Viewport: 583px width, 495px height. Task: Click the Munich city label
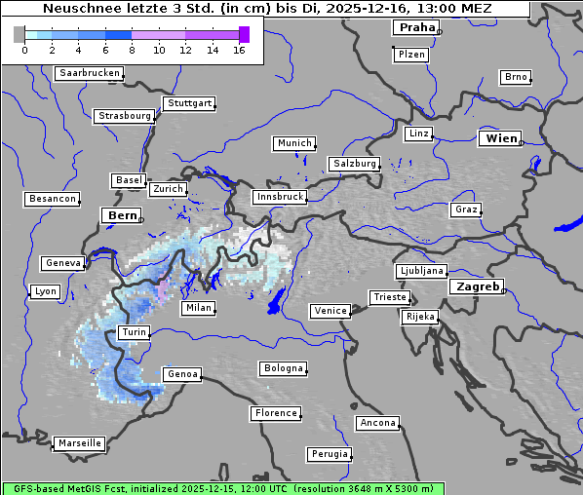pyautogui.click(x=293, y=143)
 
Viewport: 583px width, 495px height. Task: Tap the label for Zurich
pyautogui.click(x=168, y=189)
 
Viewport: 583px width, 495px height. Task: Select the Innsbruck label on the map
pyautogui.click(x=279, y=197)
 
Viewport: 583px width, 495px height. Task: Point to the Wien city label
pyautogui.click(x=500, y=139)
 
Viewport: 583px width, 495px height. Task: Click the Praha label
pyautogui.click(x=416, y=28)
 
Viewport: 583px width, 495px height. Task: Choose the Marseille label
pyautogui.click(x=79, y=443)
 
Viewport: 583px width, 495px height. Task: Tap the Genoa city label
pyautogui.click(x=181, y=374)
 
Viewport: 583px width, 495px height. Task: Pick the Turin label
pyautogui.click(x=134, y=332)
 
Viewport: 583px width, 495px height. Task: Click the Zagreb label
pyautogui.click(x=476, y=287)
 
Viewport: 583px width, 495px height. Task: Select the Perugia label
pyautogui.click(x=329, y=454)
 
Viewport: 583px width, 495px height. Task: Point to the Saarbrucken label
pyautogui.click(x=89, y=73)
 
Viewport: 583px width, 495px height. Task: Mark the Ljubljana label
pyautogui.click(x=421, y=271)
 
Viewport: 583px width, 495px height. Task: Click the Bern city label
pyautogui.click(x=122, y=215)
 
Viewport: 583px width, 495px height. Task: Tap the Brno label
pyautogui.click(x=515, y=77)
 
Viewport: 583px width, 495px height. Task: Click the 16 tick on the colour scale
pyautogui.click(x=239, y=50)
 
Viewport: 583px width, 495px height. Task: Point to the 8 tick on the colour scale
pyautogui.click(x=132, y=50)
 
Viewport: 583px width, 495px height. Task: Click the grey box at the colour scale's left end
pyautogui.click(x=19, y=35)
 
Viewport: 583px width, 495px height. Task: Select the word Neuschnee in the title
pyautogui.click(x=78, y=9)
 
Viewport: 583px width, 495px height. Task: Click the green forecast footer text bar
pyautogui.click(x=222, y=488)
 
